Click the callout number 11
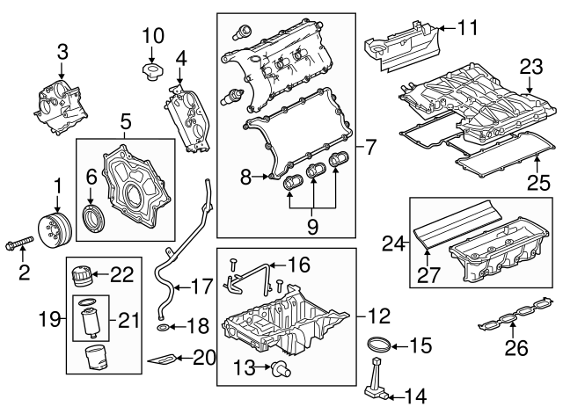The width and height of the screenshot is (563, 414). click(x=467, y=28)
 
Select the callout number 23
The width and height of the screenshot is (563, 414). click(x=530, y=66)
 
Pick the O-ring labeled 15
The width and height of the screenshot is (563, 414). click(x=378, y=343)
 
